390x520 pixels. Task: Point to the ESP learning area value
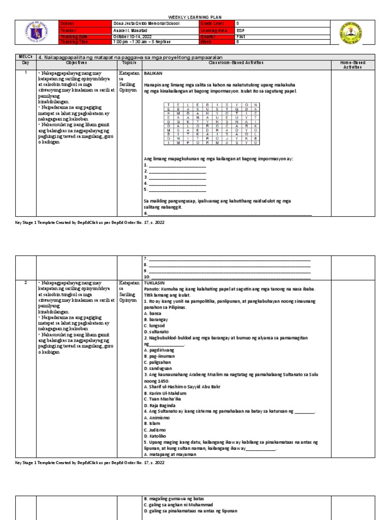tap(241, 30)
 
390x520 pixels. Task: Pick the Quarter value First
tap(241, 36)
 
